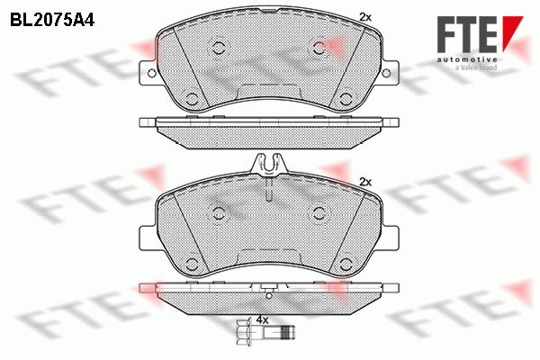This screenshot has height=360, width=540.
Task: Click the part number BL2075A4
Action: tap(52, 20)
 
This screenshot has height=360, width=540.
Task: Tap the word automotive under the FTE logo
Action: tap(467, 60)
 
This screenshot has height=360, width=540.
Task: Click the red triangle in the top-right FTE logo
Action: tap(512, 32)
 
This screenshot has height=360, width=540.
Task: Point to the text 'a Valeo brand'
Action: tap(476, 67)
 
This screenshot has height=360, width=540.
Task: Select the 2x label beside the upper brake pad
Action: tap(365, 17)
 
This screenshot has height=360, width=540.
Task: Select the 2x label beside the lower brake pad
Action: tap(365, 182)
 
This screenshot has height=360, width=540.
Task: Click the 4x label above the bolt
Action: tap(262, 320)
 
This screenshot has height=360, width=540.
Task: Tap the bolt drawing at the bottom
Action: tap(265, 333)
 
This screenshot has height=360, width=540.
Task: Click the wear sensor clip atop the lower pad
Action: tap(269, 164)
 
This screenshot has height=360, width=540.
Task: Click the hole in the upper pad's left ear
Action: tap(151, 73)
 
